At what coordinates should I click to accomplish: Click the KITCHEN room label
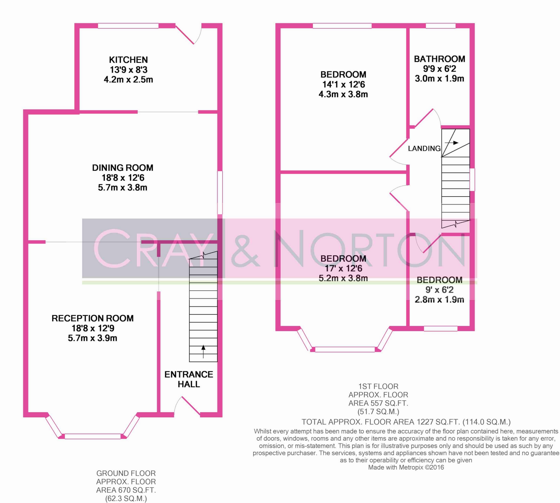point(128,60)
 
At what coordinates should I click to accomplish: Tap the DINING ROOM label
point(123,168)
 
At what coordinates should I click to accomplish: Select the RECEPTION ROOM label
point(93,318)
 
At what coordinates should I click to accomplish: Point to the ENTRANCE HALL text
point(189,379)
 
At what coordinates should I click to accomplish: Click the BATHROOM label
point(439,59)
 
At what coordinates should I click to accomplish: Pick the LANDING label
point(424,149)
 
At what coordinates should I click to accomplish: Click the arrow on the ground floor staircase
point(203,352)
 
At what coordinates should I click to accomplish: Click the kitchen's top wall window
point(128,26)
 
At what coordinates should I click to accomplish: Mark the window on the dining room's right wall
point(220,193)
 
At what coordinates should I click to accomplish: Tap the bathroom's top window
point(441,26)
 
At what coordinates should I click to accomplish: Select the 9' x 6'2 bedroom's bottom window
point(441,329)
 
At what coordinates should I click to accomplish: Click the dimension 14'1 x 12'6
point(343,84)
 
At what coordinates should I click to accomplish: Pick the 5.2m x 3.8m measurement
point(343,278)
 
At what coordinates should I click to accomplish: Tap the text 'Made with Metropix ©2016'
point(406,468)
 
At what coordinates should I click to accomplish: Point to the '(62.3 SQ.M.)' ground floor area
point(126,499)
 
